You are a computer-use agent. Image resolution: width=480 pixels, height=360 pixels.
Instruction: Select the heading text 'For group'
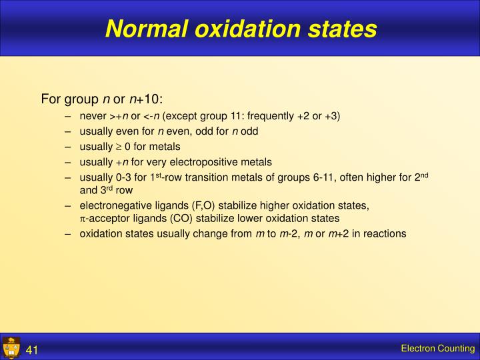tap(69, 100)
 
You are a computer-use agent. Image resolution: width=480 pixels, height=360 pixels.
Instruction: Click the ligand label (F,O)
tap(193, 206)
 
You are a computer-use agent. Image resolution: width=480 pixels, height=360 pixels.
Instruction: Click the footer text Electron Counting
tap(437, 349)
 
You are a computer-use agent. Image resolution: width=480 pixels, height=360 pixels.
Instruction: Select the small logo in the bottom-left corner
tap(11, 348)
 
